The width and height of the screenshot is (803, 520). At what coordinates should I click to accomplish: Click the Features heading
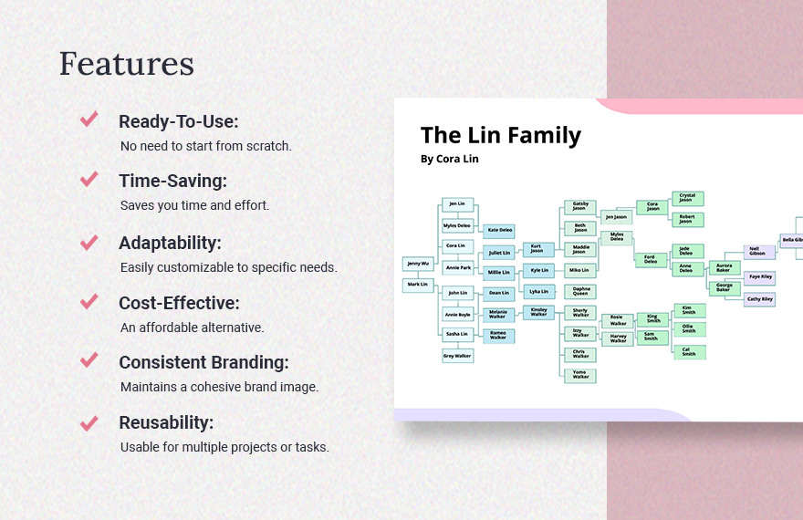coord(126,64)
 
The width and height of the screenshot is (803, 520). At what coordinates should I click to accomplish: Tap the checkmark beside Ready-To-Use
coord(89,120)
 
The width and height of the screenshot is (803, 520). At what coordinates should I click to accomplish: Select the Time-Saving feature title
coord(172,181)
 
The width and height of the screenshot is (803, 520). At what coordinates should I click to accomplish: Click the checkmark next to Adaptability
coord(89,242)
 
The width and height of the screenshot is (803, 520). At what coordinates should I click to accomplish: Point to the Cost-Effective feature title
coord(179,303)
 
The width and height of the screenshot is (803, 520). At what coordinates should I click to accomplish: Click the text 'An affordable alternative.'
coord(192,327)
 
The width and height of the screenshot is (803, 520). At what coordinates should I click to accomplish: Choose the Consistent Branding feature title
coord(203,362)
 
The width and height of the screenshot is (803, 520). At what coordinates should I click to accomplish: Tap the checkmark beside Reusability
coord(89,423)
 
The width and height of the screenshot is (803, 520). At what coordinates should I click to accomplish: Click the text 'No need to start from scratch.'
coord(206,146)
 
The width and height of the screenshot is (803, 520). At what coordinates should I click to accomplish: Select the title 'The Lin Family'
coord(500,135)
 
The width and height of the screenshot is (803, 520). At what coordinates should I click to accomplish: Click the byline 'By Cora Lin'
coord(449,159)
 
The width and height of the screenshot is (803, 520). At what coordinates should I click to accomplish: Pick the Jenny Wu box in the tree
coord(417,264)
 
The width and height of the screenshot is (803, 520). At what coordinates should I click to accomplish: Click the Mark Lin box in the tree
coord(417,285)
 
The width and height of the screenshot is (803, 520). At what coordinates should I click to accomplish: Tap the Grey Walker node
coord(457,356)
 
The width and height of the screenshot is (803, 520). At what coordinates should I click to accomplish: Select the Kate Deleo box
coord(499,230)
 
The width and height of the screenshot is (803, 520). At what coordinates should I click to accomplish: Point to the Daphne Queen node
coord(580,292)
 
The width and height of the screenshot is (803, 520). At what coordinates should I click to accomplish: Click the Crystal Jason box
coord(687,198)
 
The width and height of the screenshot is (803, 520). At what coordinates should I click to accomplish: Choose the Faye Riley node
coord(759,277)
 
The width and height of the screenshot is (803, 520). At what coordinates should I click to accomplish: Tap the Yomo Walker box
coord(580,375)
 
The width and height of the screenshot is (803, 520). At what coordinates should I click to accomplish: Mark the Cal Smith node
coord(688,352)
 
